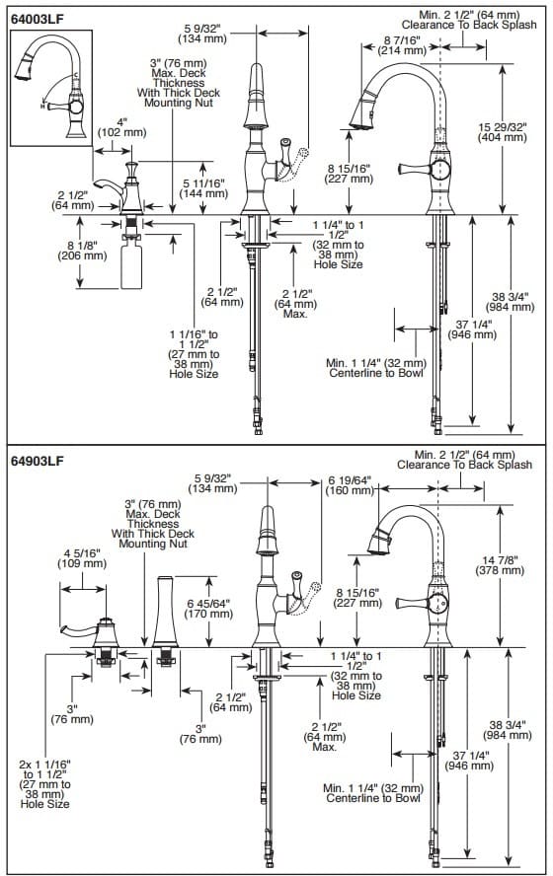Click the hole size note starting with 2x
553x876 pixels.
[45, 783]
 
